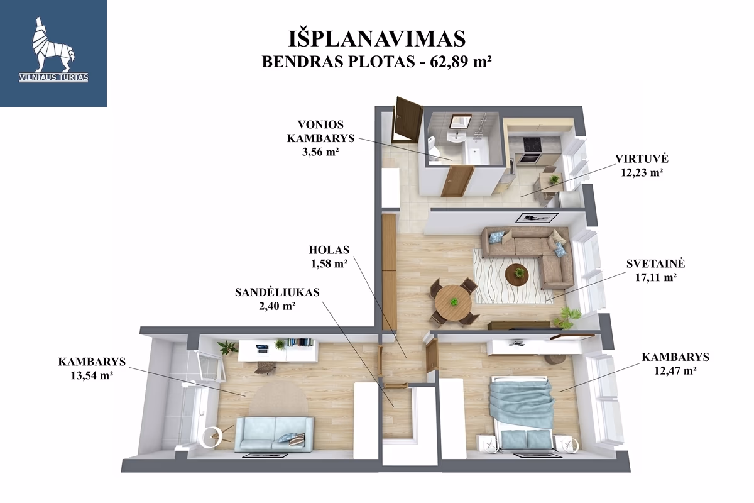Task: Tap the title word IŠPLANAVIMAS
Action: [377, 39]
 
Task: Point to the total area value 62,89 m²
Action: [461, 62]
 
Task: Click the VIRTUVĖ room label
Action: [642, 158]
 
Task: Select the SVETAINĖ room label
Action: [655, 263]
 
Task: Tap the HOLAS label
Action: [329, 250]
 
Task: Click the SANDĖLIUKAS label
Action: [277, 292]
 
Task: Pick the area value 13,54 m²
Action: [92, 375]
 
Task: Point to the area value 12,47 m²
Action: [675, 370]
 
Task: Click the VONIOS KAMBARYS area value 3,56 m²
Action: [320, 152]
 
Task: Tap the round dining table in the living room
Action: [453, 302]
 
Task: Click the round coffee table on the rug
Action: [516, 275]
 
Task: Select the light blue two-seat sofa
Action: [275, 434]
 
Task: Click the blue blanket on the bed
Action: [521, 402]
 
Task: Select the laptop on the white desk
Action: [261, 348]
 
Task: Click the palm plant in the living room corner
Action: [569, 317]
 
